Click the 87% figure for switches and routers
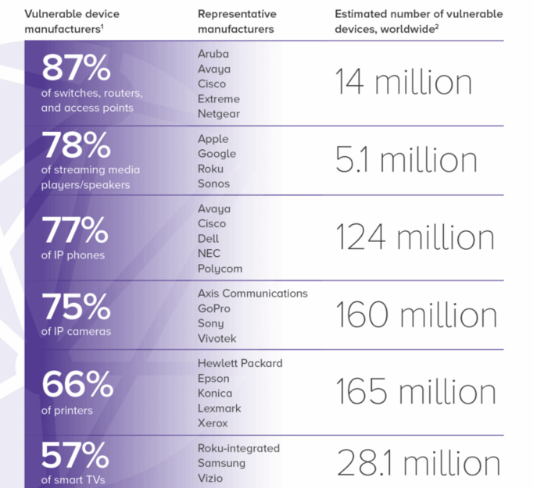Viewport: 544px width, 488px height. point(76,69)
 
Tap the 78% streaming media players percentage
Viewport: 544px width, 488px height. point(76,146)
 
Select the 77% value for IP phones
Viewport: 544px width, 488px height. point(75,230)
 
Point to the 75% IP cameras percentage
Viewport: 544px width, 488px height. point(76,307)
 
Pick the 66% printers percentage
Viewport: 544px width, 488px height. point(75,384)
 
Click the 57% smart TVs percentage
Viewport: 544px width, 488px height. point(75,455)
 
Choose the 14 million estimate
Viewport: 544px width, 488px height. point(403,83)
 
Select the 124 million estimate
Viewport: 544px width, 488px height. point(414,237)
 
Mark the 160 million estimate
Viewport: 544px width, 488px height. point(416,315)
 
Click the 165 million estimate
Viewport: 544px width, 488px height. point(416,391)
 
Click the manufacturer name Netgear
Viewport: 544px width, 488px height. point(218,114)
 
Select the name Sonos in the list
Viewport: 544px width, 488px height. point(213,183)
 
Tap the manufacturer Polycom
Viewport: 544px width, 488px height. point(220,269)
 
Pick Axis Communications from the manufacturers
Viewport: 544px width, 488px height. point(252,294)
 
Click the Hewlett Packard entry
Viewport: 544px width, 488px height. point(240,363)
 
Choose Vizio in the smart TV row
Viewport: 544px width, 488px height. point(210,478)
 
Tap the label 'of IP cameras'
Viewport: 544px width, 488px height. point(77,331)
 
